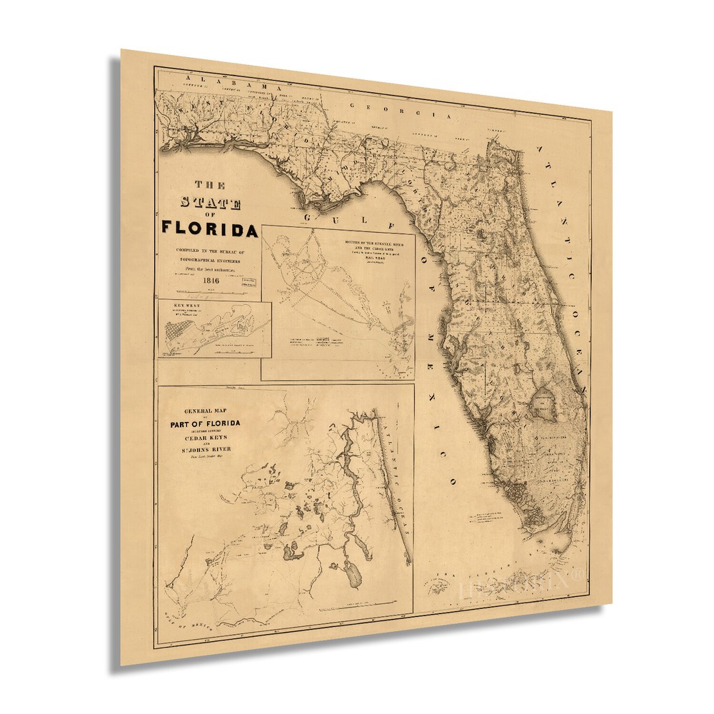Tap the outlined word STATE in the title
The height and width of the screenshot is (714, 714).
click(210, 202)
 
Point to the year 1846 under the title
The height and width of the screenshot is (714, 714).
click(211, 280)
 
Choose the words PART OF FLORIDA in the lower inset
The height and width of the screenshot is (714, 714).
click(205, 424)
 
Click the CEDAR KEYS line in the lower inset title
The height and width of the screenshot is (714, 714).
click(205, 439)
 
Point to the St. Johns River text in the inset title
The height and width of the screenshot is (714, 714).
click(205, 450)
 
